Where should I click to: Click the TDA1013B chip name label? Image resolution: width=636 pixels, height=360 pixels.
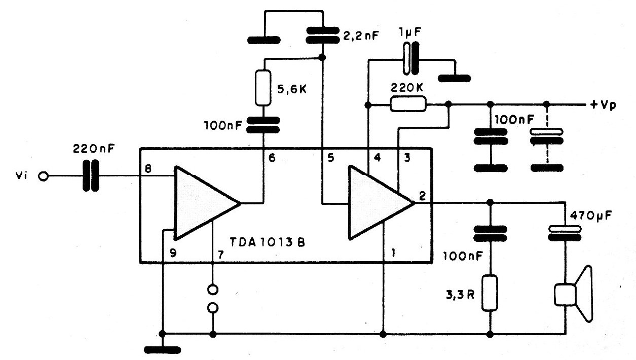[267, 243]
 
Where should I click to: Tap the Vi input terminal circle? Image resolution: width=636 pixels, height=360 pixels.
[43, 176]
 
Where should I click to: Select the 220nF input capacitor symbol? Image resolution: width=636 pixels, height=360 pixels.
[91, 175]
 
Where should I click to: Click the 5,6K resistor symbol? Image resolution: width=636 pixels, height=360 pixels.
[263, 88]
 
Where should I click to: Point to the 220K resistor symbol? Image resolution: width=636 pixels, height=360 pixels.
[408, 104]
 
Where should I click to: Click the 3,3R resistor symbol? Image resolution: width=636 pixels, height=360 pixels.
[490, 293]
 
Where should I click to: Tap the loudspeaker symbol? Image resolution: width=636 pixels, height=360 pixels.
[574, 294]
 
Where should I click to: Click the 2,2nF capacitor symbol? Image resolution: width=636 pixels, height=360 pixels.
[322, 35]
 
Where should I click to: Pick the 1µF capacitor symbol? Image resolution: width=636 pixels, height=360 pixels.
[411, 58]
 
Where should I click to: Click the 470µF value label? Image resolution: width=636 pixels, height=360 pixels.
[591, 216]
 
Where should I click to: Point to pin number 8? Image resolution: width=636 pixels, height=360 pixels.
[148, 168]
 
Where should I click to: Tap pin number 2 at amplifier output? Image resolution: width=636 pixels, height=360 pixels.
[423, 196]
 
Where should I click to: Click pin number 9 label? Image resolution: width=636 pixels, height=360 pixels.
[173, 253]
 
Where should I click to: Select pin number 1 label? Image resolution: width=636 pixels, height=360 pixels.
[393, 253]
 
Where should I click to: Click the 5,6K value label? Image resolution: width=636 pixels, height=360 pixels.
[292, 90]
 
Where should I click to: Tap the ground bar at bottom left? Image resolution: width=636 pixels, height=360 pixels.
[162, 350]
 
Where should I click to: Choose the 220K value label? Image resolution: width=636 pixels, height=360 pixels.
[407, 88]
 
